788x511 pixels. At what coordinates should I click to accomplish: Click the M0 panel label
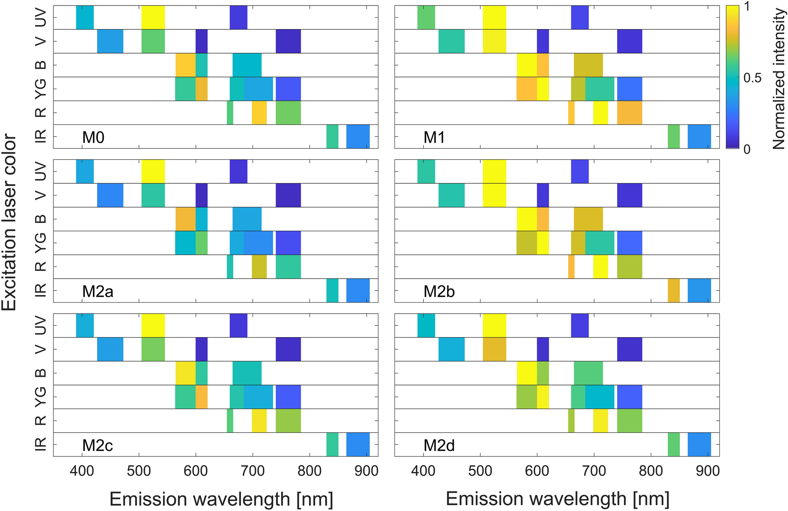93,137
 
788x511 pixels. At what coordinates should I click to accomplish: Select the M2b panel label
439,292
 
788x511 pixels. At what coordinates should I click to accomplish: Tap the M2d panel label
439,445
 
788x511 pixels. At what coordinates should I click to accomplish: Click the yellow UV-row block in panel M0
153,17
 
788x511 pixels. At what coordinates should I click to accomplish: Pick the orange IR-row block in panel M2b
674,290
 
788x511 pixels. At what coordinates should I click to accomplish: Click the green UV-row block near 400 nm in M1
426,17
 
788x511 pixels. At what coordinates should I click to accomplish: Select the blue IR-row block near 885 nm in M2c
358,444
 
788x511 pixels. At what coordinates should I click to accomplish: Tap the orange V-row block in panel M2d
494,349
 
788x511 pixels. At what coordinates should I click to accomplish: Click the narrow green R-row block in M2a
230,266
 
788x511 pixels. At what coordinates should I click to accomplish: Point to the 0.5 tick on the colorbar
752,78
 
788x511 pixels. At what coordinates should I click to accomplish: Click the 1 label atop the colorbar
747,7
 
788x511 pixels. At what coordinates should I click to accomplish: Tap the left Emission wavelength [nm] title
221,499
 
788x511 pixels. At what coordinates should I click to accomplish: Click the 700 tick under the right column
594,471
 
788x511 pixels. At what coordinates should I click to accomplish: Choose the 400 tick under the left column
82,471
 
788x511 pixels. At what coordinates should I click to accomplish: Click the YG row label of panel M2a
40,243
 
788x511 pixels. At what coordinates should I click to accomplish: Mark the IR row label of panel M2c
40,444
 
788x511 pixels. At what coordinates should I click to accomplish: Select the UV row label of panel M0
40,17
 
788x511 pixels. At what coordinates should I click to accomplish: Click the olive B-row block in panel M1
588,65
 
